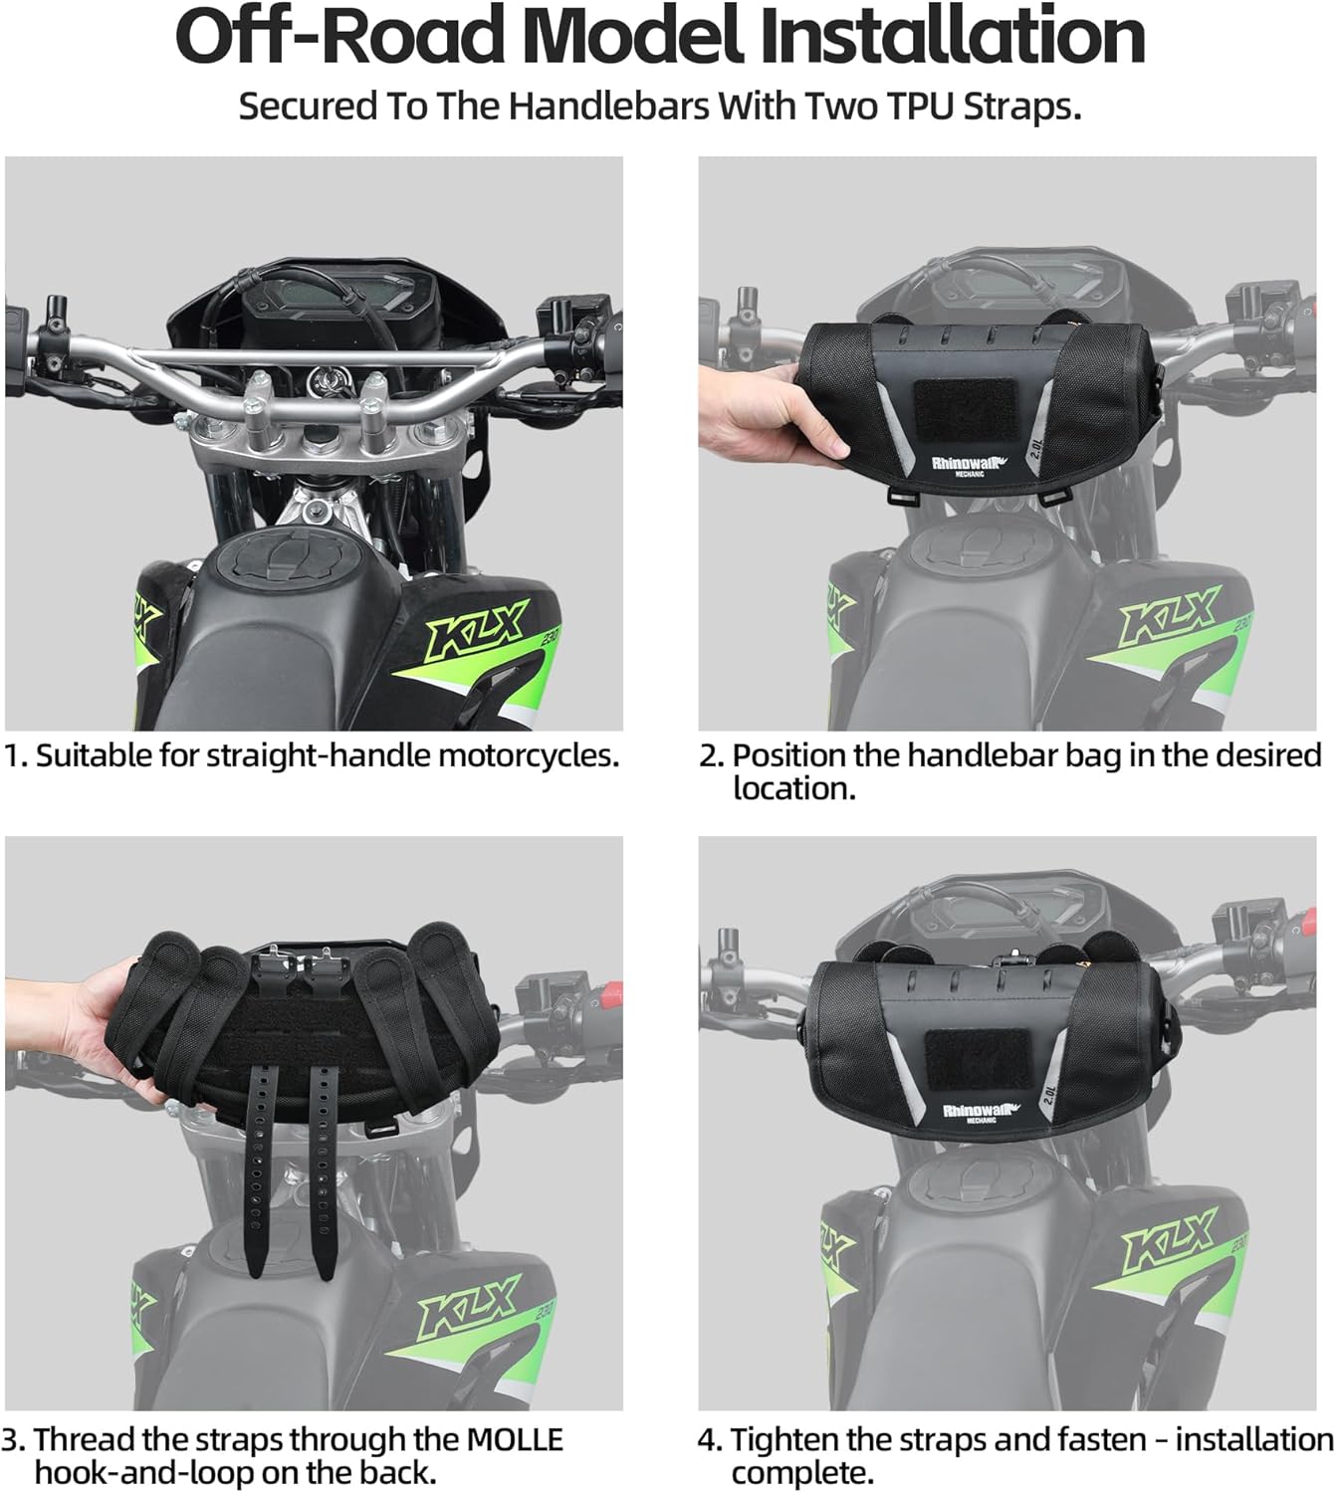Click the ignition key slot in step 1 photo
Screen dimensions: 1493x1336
324,379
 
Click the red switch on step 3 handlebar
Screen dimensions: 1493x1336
611,995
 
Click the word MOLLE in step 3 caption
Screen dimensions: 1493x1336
514,1439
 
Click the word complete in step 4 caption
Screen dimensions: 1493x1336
801,1473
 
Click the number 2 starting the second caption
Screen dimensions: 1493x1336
708,755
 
